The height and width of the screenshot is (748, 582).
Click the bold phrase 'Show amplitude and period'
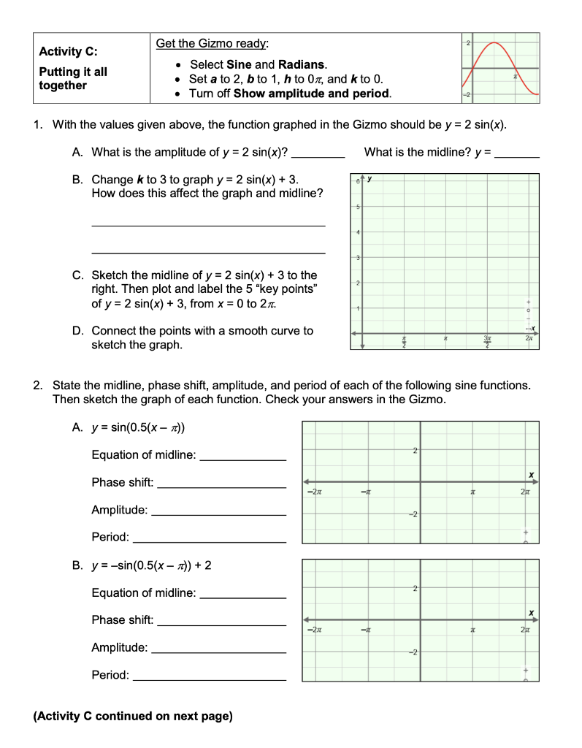click(x=312, y=93)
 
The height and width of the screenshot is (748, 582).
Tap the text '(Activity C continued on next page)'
click(x=133, y=716)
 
